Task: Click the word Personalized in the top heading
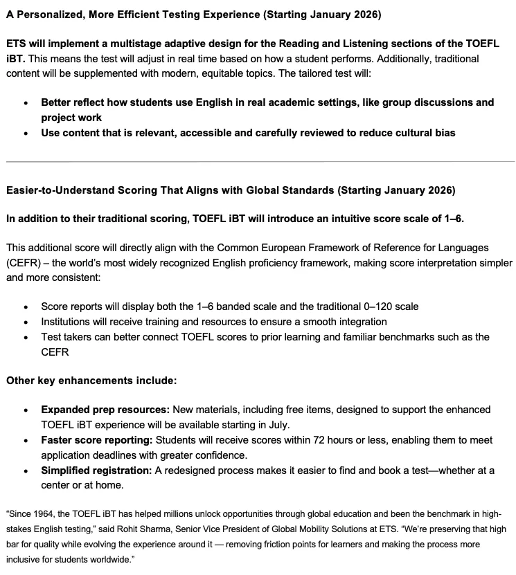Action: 48,15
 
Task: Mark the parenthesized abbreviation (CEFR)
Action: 23,263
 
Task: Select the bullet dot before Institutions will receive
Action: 26,322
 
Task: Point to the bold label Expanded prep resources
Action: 105,410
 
